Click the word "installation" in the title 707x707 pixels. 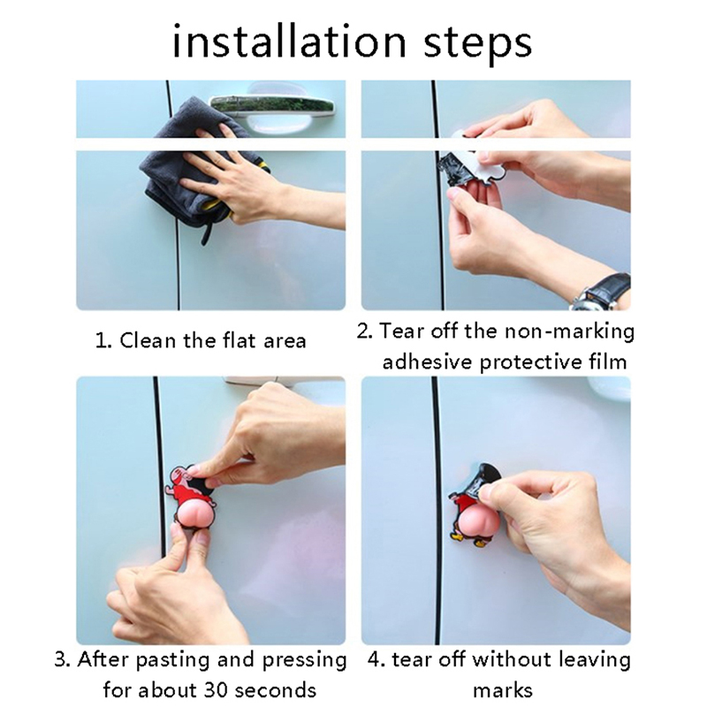(290, 42)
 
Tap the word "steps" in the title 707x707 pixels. (478, 45)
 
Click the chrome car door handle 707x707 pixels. (273, 106)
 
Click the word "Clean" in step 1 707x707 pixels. (147, 340)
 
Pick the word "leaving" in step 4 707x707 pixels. (594, 661)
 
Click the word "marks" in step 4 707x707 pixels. (503, 690)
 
